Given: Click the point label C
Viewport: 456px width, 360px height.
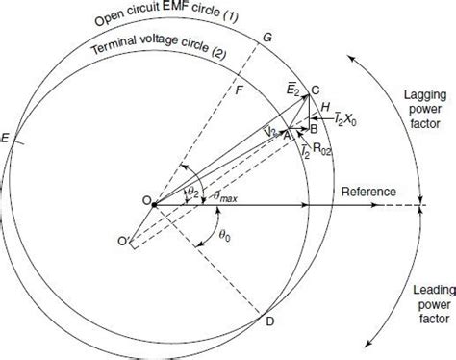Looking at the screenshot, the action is click(329, 90).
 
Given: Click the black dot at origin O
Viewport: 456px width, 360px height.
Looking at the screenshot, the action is click(154, 202).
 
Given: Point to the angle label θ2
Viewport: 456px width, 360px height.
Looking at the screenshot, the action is click(192, 193).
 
